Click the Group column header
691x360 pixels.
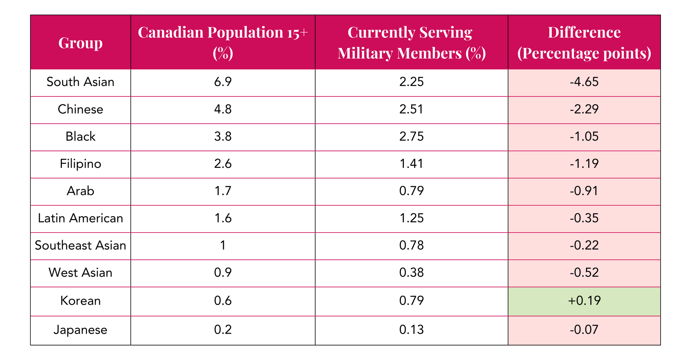tap(81, 42)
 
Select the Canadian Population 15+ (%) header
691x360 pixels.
tap(223, 42)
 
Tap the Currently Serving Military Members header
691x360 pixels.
tap(411, 42)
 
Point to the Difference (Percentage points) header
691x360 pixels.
tap(584, 42)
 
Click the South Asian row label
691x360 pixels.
tap(81, 82)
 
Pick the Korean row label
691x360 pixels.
tap(81, 301)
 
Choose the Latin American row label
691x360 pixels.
tap(81, 218)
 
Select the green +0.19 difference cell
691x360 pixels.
tap(584, 301)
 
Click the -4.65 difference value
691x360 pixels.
tap(584, 82)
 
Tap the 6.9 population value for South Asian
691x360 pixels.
tap(223, 82)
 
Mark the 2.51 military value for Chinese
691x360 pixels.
tap(411, 109)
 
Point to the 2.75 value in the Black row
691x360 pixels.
tap(411, 136)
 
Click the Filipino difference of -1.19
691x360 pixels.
tap(584, 164)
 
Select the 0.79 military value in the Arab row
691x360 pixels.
tap(411, 191)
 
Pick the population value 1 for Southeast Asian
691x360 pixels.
tap(223, 246)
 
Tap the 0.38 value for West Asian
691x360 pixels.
tap(411, 273)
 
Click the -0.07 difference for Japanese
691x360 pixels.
tap(584, 330)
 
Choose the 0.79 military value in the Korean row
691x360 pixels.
tap(411, 301)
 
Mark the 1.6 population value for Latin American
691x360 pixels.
tap(223, 218)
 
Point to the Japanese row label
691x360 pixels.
tap(81, 330)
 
